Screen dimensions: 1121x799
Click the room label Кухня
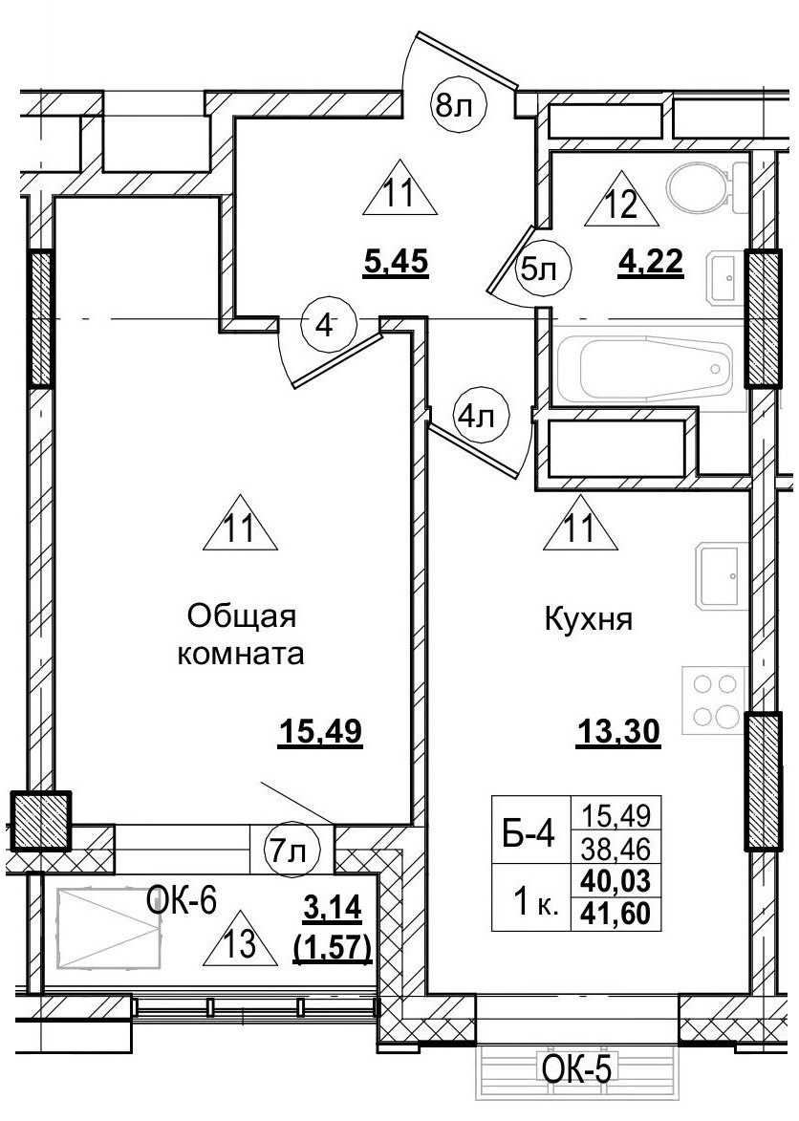point(589,620)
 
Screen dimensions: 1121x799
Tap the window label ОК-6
point(184,898)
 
